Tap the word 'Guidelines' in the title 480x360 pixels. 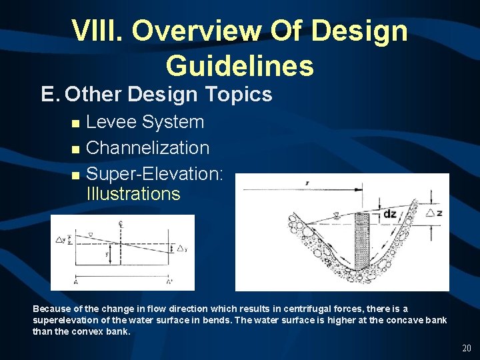pos(239,65)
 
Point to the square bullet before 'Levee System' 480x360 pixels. pos(75,123)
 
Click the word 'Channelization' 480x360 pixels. pos(148,147)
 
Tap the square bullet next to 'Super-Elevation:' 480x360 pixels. pos(75,175)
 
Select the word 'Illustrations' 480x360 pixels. pos(133,194)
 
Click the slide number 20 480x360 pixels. pos(465,348)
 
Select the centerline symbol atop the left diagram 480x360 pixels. pos(120,224)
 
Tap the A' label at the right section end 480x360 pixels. pos(168,282)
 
